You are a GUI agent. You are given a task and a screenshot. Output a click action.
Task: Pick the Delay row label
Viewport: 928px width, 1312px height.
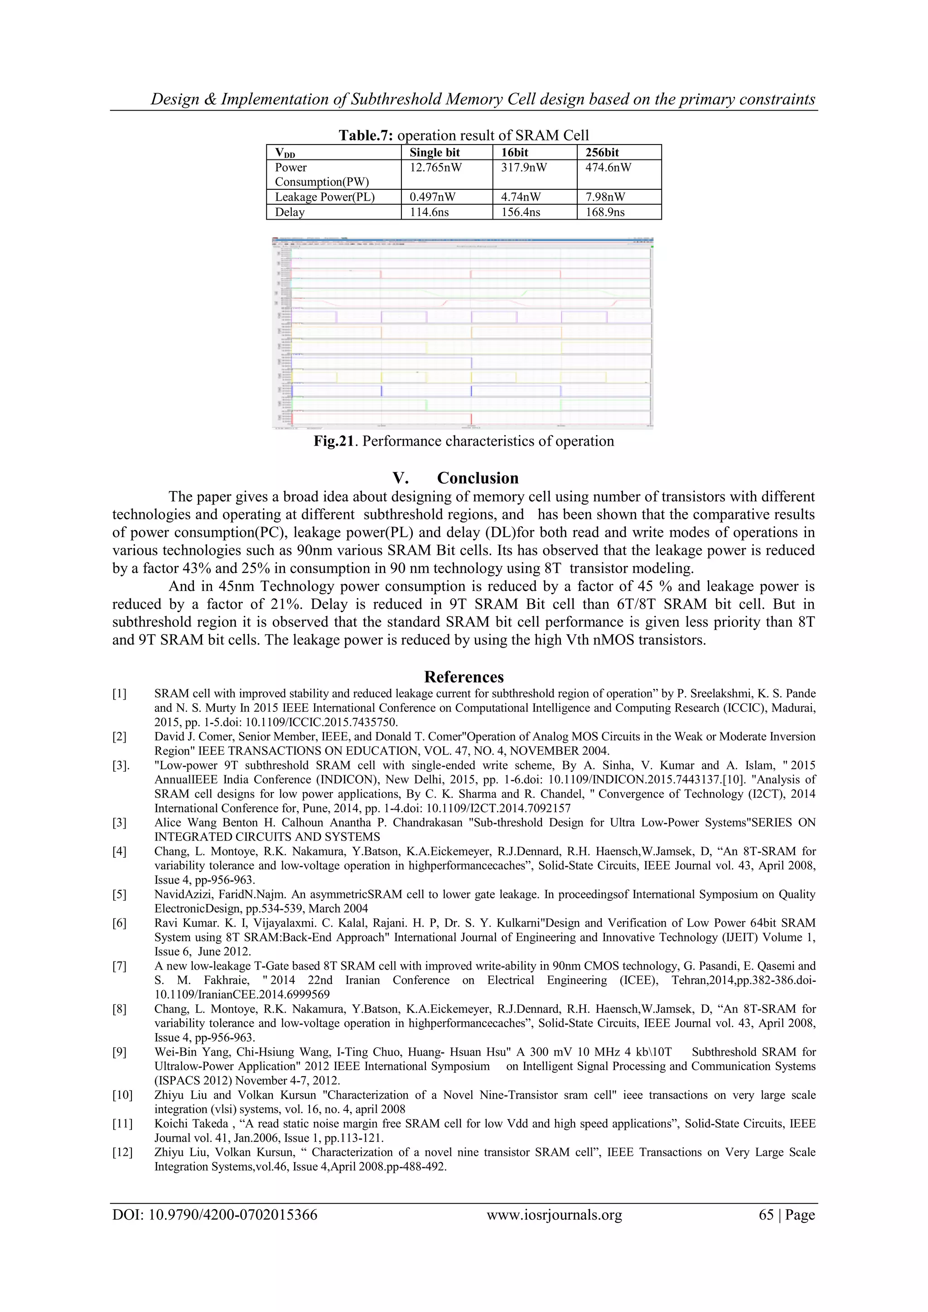[290, 212]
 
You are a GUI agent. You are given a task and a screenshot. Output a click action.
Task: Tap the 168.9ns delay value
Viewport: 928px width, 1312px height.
[605, 212]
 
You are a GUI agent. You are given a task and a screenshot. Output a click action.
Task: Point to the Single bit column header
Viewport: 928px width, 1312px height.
[435, 153]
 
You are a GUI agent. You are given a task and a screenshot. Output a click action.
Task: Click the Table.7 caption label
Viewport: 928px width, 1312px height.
[366, 135]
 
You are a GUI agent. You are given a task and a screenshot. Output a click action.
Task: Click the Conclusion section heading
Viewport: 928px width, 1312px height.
[478, 478]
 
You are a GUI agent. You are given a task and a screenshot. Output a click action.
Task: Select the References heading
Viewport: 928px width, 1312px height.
[464, 677]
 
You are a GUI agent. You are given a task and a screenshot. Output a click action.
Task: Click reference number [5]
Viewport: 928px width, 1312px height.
[120, 894]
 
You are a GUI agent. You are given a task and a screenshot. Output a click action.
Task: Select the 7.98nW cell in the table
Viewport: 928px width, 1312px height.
[605, 197]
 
